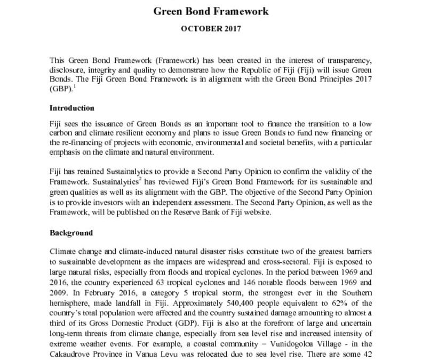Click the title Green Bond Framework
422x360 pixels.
[x=211, y=11]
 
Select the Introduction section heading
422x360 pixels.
[x=72, y=108]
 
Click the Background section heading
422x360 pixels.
[x=71, y=233]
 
